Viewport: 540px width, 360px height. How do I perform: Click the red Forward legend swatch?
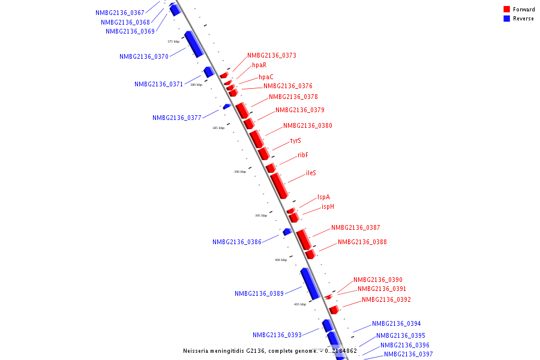tap(507, 10)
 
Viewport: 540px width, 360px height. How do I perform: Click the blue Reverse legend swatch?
tap(507, 19)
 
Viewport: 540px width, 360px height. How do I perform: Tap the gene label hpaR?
tap(259, 65)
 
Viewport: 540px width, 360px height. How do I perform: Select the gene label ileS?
tap(311, 173)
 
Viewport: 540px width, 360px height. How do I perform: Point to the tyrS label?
tap(295, 140)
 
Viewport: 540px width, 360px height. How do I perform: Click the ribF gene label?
tap(303, 155)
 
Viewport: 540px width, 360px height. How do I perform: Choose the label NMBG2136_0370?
tap(144, 56)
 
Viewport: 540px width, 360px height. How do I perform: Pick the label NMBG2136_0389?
tap(259, 294)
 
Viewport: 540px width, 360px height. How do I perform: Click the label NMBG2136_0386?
tap(237, 242)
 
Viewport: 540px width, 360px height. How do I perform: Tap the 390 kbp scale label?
tap(240, 172)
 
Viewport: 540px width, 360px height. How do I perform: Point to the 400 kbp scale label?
tap(281, 260)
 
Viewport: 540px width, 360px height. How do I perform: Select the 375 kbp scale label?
tap(173, 41)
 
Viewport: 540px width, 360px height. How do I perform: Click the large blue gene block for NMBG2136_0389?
tap(310, 284)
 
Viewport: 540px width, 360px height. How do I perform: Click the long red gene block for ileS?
tap(280, 186)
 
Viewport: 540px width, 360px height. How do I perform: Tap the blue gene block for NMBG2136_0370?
tap(194, 44)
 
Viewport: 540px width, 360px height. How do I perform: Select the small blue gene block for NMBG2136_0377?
tap(227, 106)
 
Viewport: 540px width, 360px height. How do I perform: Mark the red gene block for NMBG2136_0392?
tap(334, 310)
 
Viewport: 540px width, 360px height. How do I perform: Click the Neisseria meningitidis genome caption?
tap(270, 351)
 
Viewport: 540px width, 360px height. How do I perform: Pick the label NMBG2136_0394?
tap(396, 323)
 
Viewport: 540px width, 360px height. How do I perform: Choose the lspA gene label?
tap(323, 197)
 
